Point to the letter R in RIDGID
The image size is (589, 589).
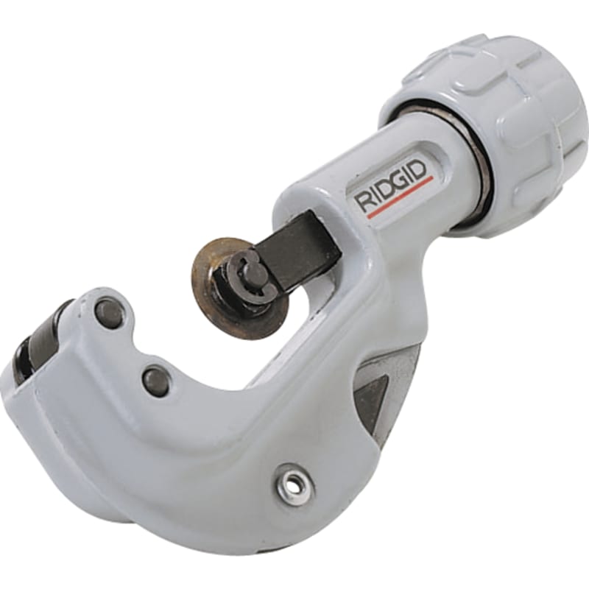click(364, 202)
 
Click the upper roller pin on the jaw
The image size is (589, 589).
click(109, 310)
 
